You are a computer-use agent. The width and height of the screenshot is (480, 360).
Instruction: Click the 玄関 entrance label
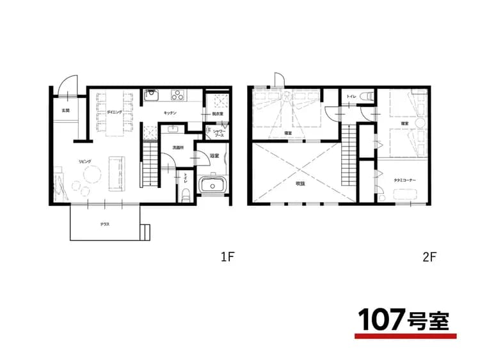pyautogui.click(x=65, y=111)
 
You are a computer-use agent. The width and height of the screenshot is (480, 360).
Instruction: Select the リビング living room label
pyautogui.click(x=85, y=161)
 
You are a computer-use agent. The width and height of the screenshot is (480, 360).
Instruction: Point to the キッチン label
pyautogui.click(x=170, y=113)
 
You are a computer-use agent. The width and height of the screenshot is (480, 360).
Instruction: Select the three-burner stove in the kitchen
pyautogui.click(x=177, y=96)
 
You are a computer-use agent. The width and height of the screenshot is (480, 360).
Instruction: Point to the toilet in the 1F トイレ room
pyautogui.click(x=186, y=194)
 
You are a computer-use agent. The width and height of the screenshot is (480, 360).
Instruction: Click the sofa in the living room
pyautogui.click(x=117, y=173)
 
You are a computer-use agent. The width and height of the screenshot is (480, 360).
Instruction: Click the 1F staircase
pyautogui.click(x=149, y=165)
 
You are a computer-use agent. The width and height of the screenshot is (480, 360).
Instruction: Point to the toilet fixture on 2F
pyautogui.click(x=366, y=96)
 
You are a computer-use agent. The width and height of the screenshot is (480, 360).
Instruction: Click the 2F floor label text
pyautogui.click(x=429, y=258)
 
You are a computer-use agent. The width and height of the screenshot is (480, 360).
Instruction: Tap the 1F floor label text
pyautogui.click(x=228, y=258)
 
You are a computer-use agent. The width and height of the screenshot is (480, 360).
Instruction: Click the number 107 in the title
pyautogui.click(x=381, y=318)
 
